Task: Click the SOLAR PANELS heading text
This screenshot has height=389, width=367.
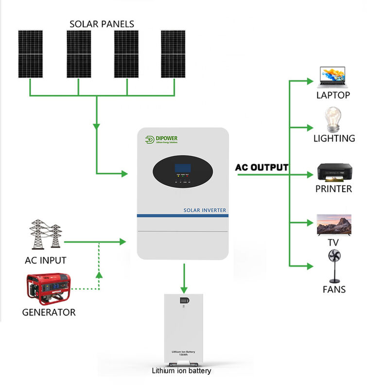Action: click(x=102, y=23)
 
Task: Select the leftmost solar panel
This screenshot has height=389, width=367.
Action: click(x=31, y=54)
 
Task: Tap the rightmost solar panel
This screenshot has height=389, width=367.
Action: click(x=174, y=54)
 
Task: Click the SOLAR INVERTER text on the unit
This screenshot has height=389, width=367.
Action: click(x=205, y=210)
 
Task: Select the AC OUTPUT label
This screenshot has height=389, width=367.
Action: click(x=262, y=167)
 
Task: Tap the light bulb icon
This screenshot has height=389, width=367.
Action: click(x=333, y=119)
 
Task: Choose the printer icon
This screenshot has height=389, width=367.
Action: click(x=333, y=173)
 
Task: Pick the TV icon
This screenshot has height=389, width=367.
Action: click(x=333, y=224)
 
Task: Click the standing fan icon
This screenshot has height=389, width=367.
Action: click(x=334, y=265)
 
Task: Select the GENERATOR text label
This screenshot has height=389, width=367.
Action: click(x=49, y=312)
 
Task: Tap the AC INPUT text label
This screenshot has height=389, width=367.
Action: click(x=45, y=260)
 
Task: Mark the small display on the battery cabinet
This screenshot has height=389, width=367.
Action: click(x=183, y=301)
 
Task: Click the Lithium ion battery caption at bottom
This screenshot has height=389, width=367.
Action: click(x=181, y=371)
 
